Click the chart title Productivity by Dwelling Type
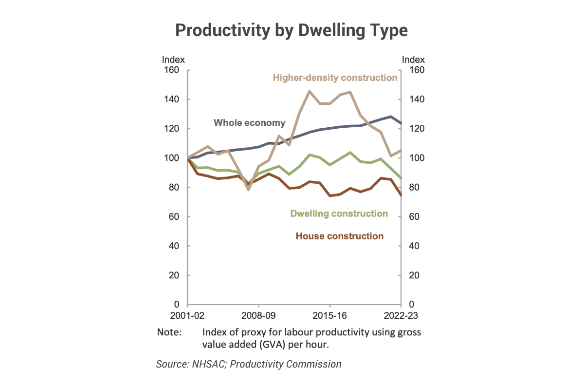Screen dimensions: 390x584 point(291,30)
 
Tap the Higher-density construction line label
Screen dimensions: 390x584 point(335,78)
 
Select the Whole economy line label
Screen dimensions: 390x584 point(250,122)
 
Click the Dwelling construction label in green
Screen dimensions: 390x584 point(339,214)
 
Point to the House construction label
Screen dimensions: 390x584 point(340,236)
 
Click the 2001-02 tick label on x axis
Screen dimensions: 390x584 point(187,315)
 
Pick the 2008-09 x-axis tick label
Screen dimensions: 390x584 point(258,315)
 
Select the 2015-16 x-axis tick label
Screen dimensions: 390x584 point(329,315)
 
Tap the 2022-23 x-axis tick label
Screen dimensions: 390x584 point(401,315)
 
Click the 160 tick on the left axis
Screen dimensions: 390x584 point(173,70)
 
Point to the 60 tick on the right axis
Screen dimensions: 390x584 point(414,216)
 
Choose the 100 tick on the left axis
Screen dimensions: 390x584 point(173,158)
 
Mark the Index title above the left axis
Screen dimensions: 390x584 point(173,59)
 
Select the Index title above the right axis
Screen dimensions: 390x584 point(413,59)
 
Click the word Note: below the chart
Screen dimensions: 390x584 point(169,332)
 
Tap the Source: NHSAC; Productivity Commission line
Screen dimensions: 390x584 point(249,364)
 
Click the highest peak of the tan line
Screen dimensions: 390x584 point(310,91)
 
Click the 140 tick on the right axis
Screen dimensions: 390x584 point(416,99)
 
